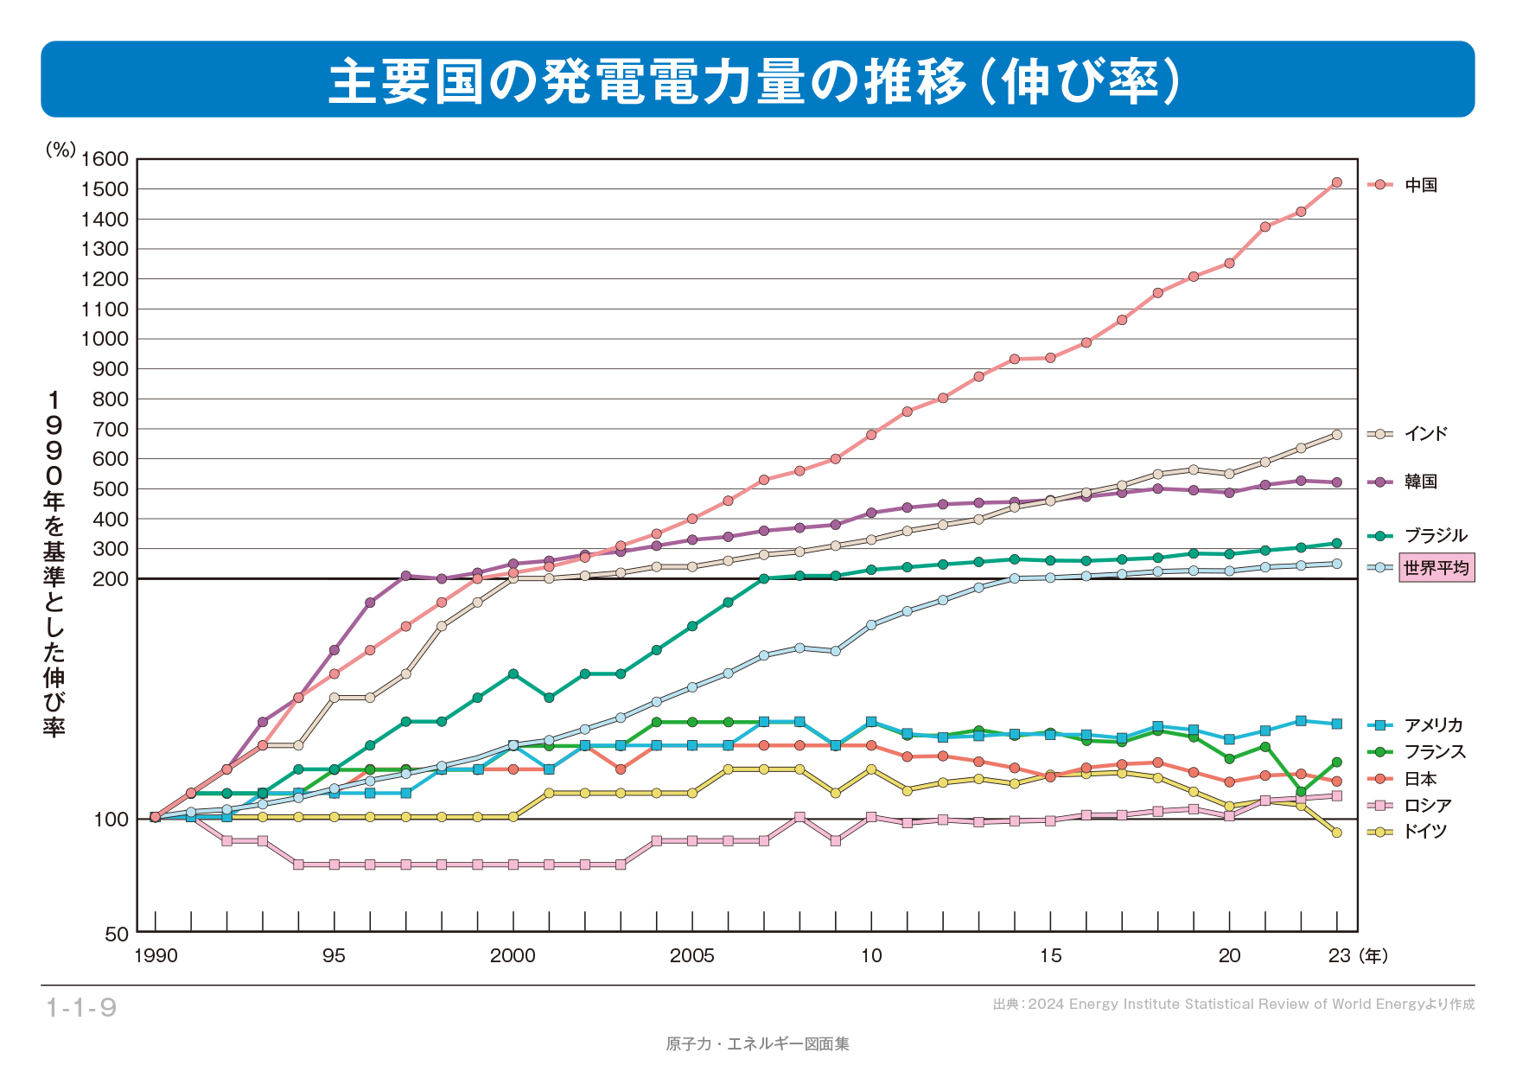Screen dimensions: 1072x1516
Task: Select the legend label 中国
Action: click(x=1420, y=185)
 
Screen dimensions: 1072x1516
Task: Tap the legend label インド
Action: click(x=1424, y=434)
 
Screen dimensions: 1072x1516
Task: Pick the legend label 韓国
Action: click(x=1420, y=482)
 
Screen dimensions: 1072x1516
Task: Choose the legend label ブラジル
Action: click(x=1435, y=536)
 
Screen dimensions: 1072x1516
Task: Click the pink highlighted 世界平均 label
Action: click(x=1436, y=568)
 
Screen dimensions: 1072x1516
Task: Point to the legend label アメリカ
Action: click(x=1432, y=725)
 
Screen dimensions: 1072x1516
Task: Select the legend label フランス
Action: click(x=1434, y=752)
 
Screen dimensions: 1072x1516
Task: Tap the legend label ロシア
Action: click(x=1427, y=806)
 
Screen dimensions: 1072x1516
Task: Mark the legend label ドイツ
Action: click(x=1424, y=832)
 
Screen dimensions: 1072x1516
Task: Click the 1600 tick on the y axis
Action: click(x=105, y=159)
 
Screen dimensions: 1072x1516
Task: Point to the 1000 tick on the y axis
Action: click(x=105, y=339)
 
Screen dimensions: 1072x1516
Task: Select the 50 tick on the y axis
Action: click(x=116, y=935)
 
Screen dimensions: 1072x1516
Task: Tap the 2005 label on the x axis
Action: click(x=691, y=956)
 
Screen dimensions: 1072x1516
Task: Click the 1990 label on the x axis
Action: click(x=156, y=956)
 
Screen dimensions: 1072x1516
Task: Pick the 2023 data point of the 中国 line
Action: click(x=1336, y=182)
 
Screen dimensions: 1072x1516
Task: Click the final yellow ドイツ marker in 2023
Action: click(x=1336, y=833)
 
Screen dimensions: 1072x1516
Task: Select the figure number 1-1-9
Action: click(x=81, y=1008)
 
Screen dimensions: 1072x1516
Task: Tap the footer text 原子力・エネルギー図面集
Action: click(x=757, y=1044)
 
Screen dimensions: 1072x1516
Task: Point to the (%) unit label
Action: click(x=61, y=150)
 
